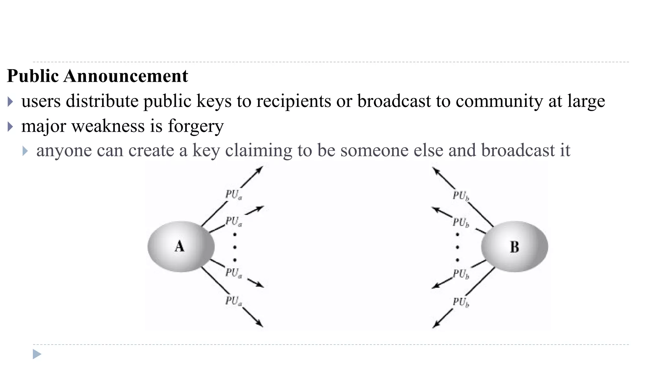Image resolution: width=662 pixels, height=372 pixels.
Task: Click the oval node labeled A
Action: tap(181, 246)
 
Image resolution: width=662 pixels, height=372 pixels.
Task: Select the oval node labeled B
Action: tap(514, 246)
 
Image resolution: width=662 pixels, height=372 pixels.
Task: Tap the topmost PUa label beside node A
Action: tap(233, 195)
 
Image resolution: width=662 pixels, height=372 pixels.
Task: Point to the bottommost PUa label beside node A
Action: tap(233, 301)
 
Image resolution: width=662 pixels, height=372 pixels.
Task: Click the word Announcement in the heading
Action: tap(126, 76)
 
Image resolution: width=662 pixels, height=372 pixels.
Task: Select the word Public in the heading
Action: tap(33, 76)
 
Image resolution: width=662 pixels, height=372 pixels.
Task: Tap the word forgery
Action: tap(196, 126)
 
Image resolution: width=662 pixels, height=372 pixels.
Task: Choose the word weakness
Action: tap(108, 126)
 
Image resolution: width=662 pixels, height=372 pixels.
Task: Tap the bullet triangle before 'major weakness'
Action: tap(10, 127)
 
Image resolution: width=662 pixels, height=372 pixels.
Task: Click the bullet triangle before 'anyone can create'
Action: tap(25, 151)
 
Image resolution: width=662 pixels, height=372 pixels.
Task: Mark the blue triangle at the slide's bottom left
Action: tap(37, 354)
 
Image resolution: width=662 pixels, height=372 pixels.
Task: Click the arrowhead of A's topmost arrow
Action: tap(260, 169)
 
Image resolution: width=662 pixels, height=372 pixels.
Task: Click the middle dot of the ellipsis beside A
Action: tap(235, 247)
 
